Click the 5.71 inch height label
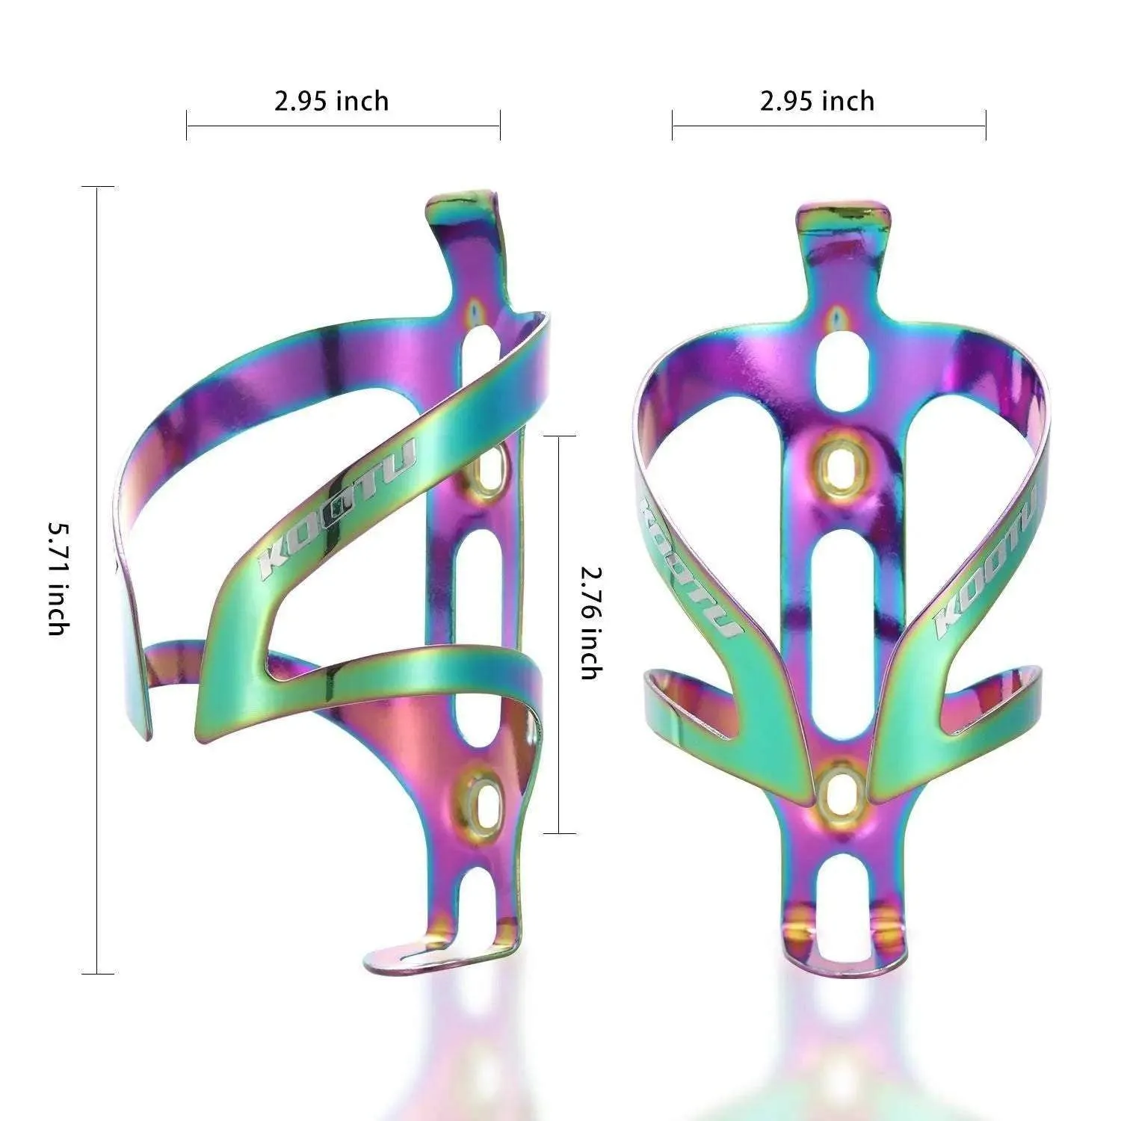58,578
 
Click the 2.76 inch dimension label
590,623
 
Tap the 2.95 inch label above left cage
331,101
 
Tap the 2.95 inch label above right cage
817,101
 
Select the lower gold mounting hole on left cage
487,800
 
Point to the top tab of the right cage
843,217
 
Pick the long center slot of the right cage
843,628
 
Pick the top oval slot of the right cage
843,366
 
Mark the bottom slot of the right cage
843,908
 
